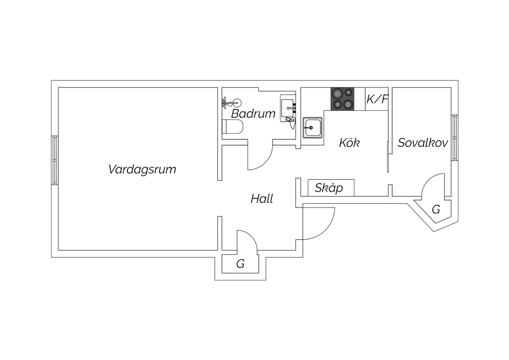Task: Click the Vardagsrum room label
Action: tap(142, 169)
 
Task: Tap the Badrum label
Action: tap(253, 114)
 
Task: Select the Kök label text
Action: tap(350, 143)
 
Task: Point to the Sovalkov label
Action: tap(423, 143)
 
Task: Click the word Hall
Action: tap(262, 199)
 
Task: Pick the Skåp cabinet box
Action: tap(331, 188)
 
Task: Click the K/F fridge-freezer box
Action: tap(377, 99)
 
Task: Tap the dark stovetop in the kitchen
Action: tap(342, 99)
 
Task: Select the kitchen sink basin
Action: tap(313, 128)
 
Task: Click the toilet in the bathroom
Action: tap(232, 126)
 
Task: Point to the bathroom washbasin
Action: tap(288, 108)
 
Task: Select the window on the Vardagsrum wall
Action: tap(55, 160)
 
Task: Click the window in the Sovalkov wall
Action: tap(455, 138)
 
